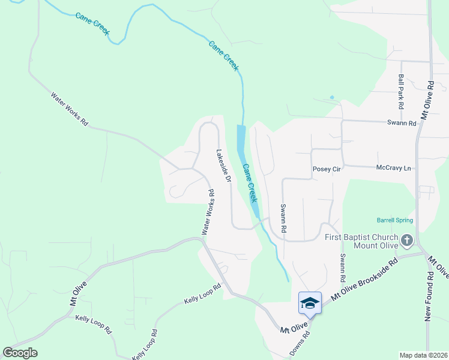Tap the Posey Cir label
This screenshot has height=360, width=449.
coord(327,169)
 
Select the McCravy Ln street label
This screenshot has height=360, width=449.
coord(394,168)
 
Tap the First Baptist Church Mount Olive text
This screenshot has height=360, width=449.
coord(361,241)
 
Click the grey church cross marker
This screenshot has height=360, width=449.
coord(407,241)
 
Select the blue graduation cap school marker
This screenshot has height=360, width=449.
coord(309,302)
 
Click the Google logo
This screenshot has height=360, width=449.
coord(20,353)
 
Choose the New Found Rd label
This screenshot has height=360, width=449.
coord(429,297)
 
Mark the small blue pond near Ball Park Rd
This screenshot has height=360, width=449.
coord(331,97)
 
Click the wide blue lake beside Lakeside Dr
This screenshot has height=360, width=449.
coord(241,138)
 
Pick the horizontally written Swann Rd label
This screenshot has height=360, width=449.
coord(402,123)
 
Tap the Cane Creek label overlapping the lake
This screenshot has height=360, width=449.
coord(250,182)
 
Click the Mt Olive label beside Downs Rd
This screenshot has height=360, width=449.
coord(294,329)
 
